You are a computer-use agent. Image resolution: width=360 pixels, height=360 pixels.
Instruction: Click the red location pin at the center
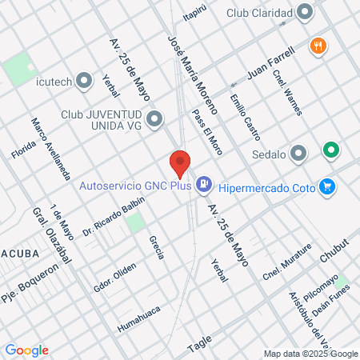click(180, 163)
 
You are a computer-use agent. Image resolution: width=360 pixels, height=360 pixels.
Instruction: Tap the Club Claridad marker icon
click(305, 13)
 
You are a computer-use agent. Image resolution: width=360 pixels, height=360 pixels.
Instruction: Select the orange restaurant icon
click(318, 46)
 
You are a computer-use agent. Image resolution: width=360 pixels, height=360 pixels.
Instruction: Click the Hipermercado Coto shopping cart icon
click(326, 186)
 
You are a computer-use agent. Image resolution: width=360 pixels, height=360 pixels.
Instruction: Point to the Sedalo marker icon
click(299, 153)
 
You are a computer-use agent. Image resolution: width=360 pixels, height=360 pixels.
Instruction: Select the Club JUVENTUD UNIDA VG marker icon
click(154, 120)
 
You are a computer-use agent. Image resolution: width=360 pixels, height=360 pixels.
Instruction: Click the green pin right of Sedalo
click(330, 150)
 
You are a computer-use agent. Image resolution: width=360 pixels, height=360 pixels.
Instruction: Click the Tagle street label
click(199, 342)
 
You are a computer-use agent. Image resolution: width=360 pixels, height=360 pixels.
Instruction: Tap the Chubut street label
click(334, 249)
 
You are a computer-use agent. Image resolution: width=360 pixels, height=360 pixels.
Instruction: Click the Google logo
click(26, 350)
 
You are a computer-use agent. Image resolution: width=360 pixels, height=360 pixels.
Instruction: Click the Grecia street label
click(156, 247)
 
